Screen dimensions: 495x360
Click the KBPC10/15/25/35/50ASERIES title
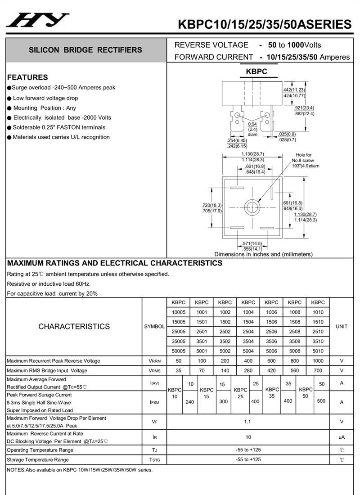(x=265, y=24)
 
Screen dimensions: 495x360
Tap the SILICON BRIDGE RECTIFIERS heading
(x=85, y=50)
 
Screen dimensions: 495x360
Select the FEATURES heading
(x=27, y=77)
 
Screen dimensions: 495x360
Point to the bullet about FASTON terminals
(x=58, y=127)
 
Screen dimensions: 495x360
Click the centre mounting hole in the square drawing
(x=252, y=207)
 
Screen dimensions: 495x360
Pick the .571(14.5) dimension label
(x=252, y=243)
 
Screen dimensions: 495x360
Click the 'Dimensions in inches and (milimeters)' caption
(x=263, y=254)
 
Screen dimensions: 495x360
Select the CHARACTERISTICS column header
(x=74, y=326)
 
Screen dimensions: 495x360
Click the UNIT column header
(x=342, y=326)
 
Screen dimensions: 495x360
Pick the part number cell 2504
(x=248, y=332)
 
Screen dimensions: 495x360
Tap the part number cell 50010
(x=318, y=351)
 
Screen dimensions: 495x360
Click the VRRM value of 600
(x=271, y=361)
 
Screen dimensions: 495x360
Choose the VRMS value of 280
(x=248, y=370)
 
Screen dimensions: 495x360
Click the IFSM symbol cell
(x=154, y=402)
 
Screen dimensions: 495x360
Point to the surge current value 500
(x=321, y=401)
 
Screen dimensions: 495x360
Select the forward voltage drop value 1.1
(x=248, y=422)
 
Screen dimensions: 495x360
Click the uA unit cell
(x=342, y=437)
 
